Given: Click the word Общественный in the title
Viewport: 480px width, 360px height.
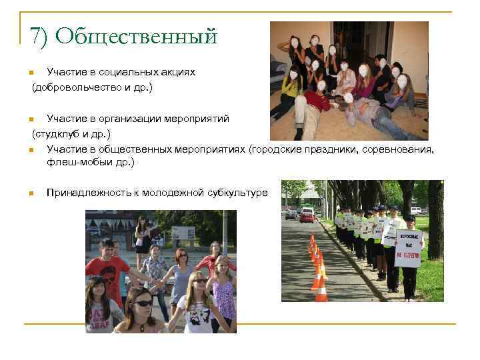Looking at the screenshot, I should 137,36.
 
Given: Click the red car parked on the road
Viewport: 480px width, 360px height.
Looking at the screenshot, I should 307,215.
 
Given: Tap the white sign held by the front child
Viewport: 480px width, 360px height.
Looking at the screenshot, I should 408,248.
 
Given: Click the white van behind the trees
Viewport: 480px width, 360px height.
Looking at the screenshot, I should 415,210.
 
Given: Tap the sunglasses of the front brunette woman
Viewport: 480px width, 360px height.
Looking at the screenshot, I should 143,303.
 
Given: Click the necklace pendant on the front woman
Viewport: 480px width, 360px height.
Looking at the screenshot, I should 142,327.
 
